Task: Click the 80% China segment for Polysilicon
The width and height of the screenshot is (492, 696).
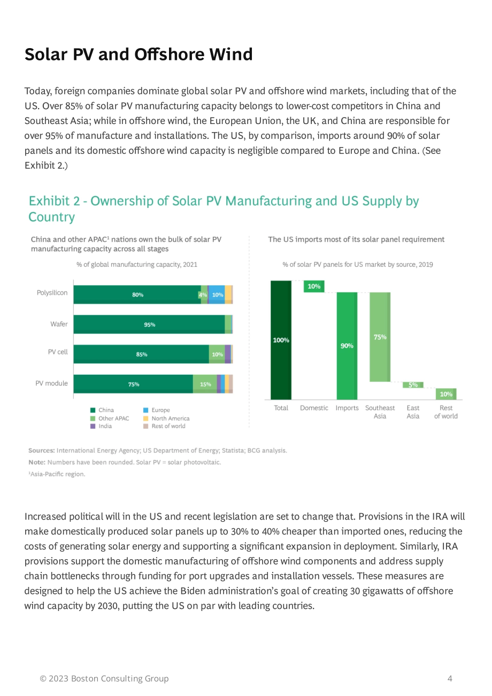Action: click(x=137, y=294)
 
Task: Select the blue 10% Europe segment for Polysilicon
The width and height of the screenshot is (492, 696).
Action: click(x=217, y=294)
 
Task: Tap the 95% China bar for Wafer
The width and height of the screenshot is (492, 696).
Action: click(x=149, y=324)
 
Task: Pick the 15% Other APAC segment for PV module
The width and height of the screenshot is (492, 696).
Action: click(x=205, y=384)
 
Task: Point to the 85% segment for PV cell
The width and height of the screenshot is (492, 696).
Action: click(x=141, y=354)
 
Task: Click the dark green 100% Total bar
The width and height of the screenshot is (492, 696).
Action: click(x=281, y=340)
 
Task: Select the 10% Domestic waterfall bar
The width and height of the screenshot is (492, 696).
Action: click(x=314, y=286)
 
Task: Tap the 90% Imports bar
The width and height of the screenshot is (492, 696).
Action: click(x=347, y=346)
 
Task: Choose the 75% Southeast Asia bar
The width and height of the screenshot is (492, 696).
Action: click(x=380, y=337)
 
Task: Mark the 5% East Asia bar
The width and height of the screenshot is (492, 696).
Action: click(x=413, y=385)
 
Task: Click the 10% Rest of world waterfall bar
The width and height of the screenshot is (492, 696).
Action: click(x=445, y=393)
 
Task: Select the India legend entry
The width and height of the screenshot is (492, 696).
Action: click(x=101, y=426)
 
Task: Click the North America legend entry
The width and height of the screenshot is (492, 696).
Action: click(x=166, y=418)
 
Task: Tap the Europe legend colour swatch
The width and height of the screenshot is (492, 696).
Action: click(x=145, y=410)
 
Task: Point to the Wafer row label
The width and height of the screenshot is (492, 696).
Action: click(x=59, y=324)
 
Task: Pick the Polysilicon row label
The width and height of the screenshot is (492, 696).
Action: click(x=52, y=293)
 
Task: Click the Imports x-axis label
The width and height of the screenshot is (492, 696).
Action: click(x=347, y=408)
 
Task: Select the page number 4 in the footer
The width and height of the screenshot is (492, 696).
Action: click(x=449, y=678)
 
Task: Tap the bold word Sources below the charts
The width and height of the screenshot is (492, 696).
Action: click(x=42, y=450)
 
